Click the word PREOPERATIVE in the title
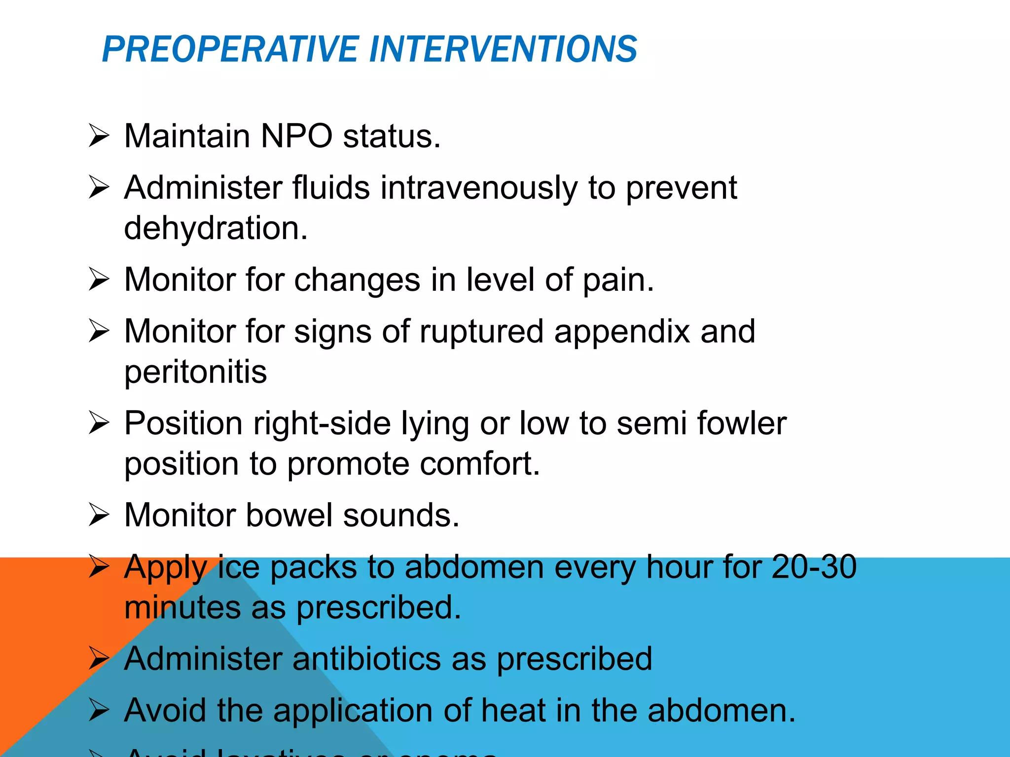click(230, 49)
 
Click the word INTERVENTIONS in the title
click(503, 49)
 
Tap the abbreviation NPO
click(296, 136)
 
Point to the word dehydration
click(216, 228)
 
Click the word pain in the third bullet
click(618, 280)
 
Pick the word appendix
click(621, 332)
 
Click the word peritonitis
click(195, 372)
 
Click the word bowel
click(289, 516)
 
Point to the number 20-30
click(814, 567)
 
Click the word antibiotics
click(366, 659)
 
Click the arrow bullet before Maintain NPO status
click(99, 136)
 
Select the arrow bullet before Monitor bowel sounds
click(99, 516)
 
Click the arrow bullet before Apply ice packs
click(99, 567)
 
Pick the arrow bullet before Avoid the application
click(99, 711)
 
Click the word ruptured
click(481, 332)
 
